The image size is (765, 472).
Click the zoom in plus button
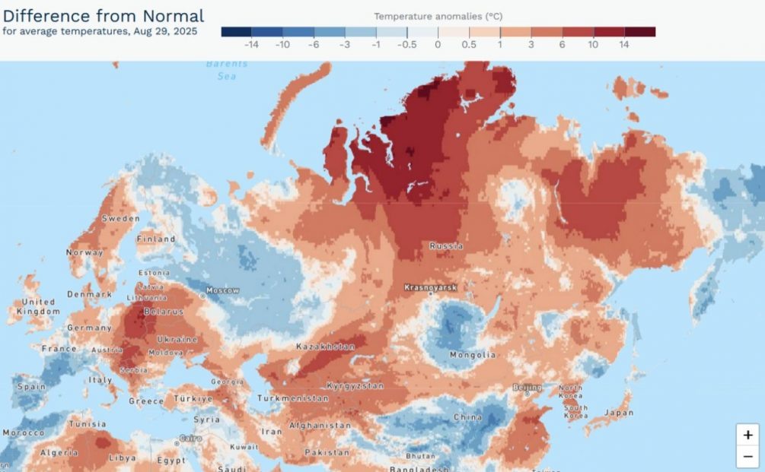747,435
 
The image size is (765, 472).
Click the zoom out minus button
747,457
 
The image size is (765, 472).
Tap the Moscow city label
223,291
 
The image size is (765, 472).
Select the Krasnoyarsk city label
430,288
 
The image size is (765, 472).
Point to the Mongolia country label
472,355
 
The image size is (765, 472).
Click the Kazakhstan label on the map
325,347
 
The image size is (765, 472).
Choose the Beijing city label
528,387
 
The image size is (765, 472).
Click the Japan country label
619,413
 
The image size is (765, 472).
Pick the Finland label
156,239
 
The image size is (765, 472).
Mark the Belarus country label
164,312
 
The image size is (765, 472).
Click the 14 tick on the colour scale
624,45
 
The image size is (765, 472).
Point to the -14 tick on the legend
251,45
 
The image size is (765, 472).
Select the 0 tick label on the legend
438,45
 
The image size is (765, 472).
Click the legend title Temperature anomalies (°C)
438,16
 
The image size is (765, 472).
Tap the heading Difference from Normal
104,15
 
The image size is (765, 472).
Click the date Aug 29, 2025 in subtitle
164,31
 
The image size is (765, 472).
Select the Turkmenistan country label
293,398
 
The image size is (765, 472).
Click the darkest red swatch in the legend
639,32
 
